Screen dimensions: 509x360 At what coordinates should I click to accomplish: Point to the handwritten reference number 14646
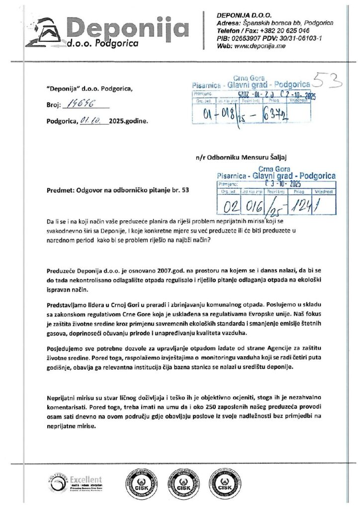point(78,105)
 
